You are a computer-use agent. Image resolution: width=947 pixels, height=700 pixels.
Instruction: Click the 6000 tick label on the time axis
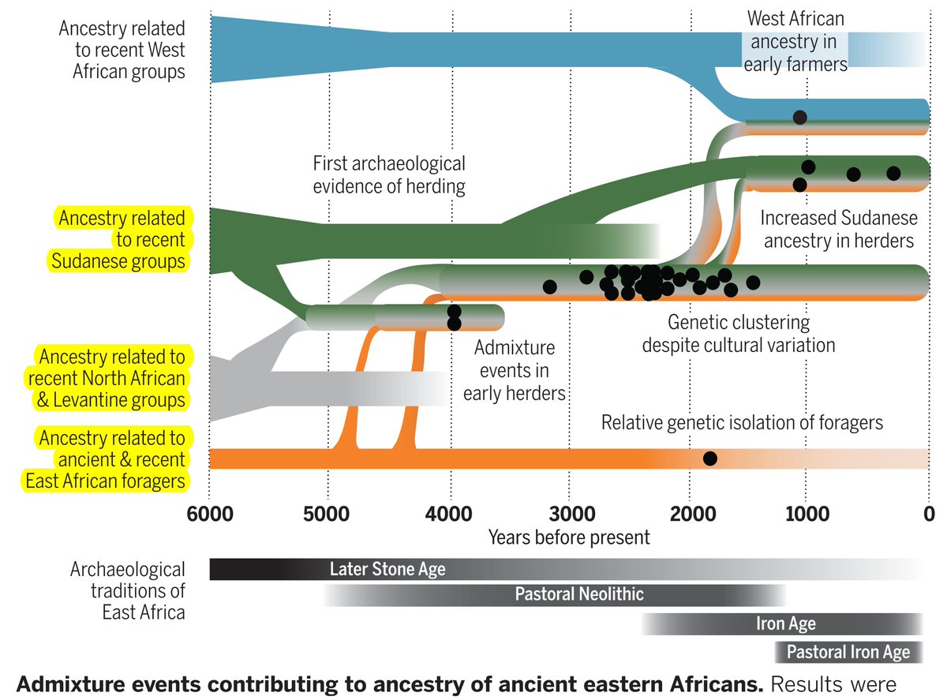coord(209,514)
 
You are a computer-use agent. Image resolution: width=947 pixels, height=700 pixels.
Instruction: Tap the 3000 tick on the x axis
coord(569,514)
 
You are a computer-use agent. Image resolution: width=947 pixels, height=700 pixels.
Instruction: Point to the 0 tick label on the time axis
coord(929,514)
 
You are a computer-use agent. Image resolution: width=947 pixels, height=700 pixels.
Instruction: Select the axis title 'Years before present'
coord(569,537)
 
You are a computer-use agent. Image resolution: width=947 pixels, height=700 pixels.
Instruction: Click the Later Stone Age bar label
coord(387,569)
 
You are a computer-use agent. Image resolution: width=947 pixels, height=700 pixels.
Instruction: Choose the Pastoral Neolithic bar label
coord(579,594)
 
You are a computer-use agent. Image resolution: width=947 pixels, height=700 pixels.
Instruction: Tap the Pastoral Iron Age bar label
coord(848,653)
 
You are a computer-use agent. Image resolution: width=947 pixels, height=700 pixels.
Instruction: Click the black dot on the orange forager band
coord(709,459)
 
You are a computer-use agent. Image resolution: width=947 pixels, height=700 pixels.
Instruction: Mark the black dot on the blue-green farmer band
coord(799,117)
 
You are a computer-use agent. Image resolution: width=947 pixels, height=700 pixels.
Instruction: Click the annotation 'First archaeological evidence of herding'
coord(389,175)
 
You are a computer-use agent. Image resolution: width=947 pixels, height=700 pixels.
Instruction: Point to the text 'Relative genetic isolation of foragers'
coord(742,422)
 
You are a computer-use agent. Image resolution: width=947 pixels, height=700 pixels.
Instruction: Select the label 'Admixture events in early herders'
coord(515,370)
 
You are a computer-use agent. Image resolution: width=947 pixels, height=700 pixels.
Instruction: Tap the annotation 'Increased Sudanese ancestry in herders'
coord(838,229)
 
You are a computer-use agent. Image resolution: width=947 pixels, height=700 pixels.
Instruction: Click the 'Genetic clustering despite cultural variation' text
coord(738,334)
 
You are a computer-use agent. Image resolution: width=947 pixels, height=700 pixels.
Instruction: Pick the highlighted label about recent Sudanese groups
coord(120,239)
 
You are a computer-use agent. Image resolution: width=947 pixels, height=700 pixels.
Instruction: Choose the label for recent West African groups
coord(122,51)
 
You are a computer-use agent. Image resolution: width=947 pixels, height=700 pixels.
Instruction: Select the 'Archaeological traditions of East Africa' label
coord(128,590)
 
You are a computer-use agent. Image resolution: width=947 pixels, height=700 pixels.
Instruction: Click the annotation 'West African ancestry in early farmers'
coord(795,41)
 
